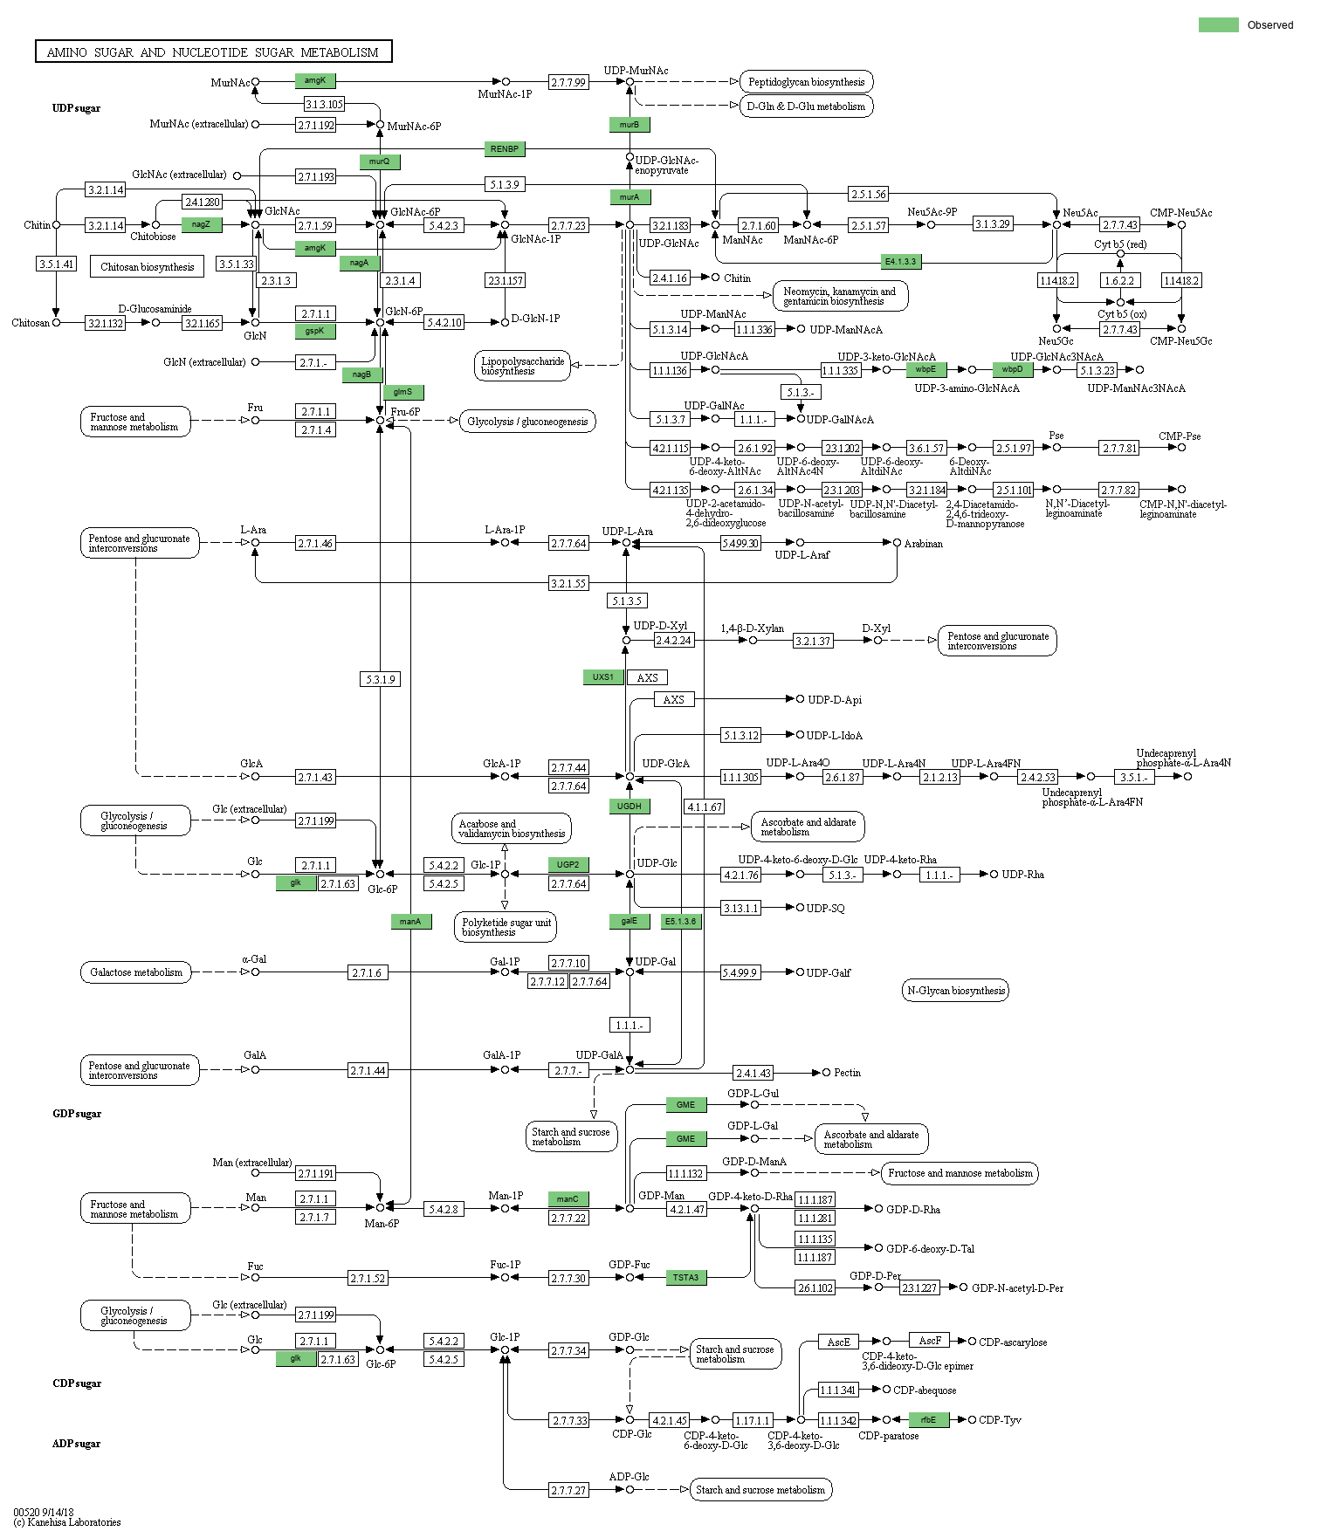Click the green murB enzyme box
pyautogui.click(x=630, y=125)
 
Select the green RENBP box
pyautogui.click(x=505, y=149)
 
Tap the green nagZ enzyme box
pyautogui.click(x=202, y=224)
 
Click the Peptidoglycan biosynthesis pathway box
pyautogui.click(x=806, y=82)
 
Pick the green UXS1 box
pyautogui.click(x=603, y=677)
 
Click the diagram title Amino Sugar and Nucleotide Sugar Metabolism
pyautogui.click(x=213, y=52)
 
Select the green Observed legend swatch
pyautogui.click(x=1218, y=24)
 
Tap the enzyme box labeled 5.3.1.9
pyautogui.click(x=380, y=679)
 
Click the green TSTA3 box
pyautogui.click(x=685, y=1278)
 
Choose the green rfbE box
pyautogui.click(x=928, y=1420)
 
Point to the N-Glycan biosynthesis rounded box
pyautogui.click(x=955, y=991)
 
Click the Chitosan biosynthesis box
pyautogui.click(x=147, y=267)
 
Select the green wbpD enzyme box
pyautogui.click(x=1013, y=369)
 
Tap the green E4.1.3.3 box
pyautogui.click(x=901, y=262)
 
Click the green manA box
pyautogui.click(x=410, y=922)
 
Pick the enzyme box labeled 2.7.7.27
pyautogui.click(x=568, y=1490)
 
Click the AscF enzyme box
pyautogui.click(x=930, y=1341)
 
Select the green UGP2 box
pyautogui.click(x=568, y=865)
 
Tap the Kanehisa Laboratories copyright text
pyautogui.click(x=68, y=1522)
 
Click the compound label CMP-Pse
pyautogui.click(x=1180, y=436)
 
